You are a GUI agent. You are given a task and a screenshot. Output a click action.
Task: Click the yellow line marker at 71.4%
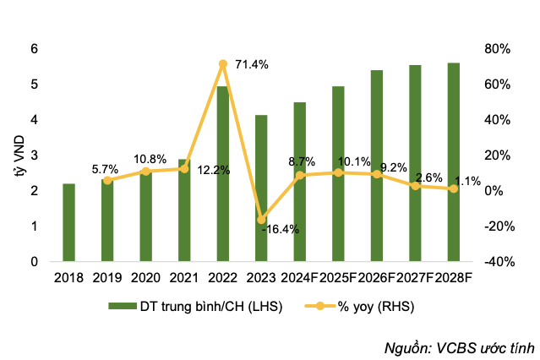223,64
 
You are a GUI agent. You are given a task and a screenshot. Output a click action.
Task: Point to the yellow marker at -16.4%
261,220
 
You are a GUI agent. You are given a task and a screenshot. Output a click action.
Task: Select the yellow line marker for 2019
107,180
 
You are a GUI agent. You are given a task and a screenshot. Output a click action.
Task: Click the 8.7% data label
302,161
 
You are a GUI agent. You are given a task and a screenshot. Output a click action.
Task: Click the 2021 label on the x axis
184,276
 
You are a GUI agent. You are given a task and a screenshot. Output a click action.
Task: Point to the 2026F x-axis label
377,276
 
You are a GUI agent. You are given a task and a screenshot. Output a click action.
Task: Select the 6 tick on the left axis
34,49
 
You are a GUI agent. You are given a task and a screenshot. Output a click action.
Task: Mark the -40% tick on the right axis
497,262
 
